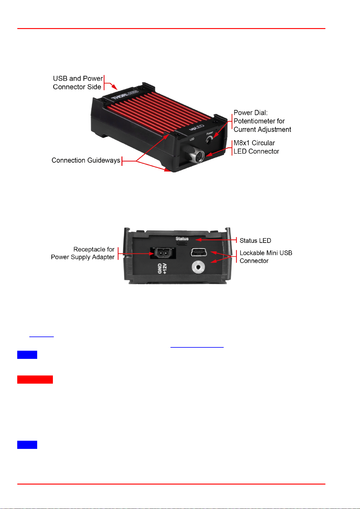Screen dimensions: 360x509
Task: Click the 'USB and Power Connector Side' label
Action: tap(77, 83)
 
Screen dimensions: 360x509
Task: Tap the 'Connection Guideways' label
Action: tap(86, 160)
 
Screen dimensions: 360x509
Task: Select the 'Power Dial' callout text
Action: tap(262, 121)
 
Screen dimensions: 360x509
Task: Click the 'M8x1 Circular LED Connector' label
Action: tap(256, 147)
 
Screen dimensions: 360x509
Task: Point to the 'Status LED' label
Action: tap(255, 241)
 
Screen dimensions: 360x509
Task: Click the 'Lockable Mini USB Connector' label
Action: tap(266, 257)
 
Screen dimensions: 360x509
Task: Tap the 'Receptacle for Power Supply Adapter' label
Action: tap(83, 253)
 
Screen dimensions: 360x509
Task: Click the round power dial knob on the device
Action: tap(209, 139)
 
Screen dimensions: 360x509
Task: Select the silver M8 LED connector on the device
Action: tap(196, 155)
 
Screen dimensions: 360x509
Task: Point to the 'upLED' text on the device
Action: tap(196, 127)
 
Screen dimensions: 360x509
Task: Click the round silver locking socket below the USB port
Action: tap(198, 267)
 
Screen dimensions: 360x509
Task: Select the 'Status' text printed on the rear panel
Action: tap(182, 239)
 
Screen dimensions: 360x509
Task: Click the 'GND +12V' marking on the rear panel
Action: tap(162, 268)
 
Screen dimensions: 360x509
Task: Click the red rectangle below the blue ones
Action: tap(35, 379)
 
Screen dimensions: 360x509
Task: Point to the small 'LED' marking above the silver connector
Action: tap(192, 139)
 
